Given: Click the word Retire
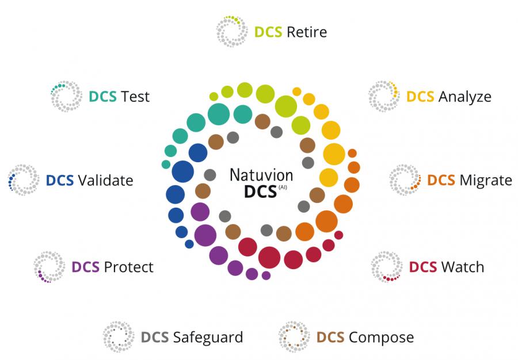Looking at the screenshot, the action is tap(307, 32).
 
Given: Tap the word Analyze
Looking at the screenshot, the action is tap(465, 97).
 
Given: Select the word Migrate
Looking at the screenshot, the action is tap(486, 180).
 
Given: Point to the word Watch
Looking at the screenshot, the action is tap(463, 267).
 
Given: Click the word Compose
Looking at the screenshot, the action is tap(381, 337).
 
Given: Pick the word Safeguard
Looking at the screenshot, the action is tap(208, 337).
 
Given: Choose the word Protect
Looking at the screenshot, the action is tap(128, 267).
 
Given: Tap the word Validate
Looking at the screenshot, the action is tap(105, 181).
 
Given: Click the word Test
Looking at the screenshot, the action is tap(135, 97).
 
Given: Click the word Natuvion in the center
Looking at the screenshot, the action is tap(261, 175).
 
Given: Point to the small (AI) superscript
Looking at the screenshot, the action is tap(283, 187).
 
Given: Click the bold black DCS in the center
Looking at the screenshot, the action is tap(260, 192).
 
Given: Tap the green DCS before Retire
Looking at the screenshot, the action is tap(268, 32).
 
